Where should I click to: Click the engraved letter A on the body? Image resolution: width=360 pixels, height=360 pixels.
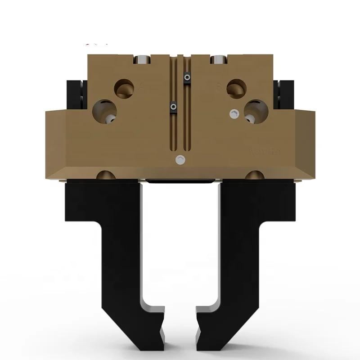pyautogui.click(x=143, y=85)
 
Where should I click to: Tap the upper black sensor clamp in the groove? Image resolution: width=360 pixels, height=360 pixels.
pyautogui.click(x=186, y=78)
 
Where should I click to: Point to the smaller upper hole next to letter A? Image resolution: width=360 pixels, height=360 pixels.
pyautogui.click(x=125, y=88)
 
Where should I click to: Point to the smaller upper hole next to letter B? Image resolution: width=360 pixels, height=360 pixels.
pyautogui.click(x=236, y=88)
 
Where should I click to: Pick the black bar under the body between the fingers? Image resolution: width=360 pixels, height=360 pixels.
pyautogui.click(x=180, y=181)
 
